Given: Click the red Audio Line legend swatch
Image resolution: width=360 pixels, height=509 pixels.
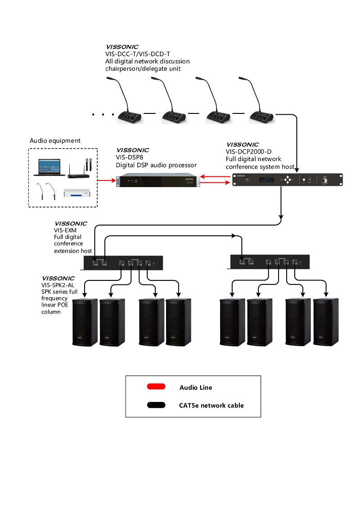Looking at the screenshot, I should [156, 387].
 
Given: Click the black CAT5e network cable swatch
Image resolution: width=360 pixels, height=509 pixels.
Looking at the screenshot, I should [156, 405].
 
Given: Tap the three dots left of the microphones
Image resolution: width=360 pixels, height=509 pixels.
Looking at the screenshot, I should [103, 115].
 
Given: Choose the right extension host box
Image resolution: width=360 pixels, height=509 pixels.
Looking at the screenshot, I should [270, 261].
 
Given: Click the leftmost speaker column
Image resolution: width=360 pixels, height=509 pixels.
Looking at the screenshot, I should [85, 322].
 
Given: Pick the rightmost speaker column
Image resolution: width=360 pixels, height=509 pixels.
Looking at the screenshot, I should [326, 322].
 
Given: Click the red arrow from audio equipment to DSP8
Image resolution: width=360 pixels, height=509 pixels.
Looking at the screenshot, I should [107, 181].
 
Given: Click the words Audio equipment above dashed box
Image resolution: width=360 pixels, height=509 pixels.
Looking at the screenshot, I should [55, 141].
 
